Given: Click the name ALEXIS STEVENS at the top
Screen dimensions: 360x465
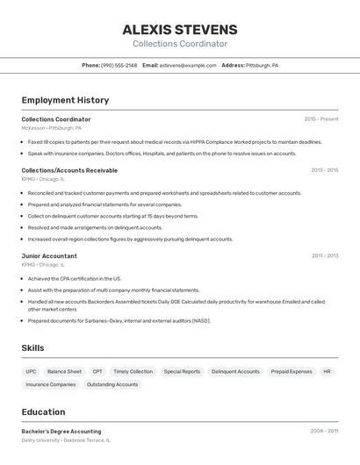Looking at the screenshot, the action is coord(180,30).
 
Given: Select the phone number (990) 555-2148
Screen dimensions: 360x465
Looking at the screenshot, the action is coord(119,65).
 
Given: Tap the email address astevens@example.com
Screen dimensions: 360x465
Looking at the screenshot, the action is coord(188,65).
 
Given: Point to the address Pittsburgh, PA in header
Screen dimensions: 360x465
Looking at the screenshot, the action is coord(262,65).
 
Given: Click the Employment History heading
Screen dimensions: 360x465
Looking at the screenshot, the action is coord(65,100).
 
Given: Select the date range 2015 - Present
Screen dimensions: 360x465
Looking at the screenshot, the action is coord(320,118).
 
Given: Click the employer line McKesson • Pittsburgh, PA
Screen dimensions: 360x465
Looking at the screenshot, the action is coord(52,128).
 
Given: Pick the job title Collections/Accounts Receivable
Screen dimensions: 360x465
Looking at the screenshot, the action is coord(69,170).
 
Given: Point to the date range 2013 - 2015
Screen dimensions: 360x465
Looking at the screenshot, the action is coord(324,170).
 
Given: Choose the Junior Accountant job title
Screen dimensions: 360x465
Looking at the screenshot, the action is coord(49,256).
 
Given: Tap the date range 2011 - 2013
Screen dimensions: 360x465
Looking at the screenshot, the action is coord(324,256).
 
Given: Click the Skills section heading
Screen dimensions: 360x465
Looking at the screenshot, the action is coord(32,348).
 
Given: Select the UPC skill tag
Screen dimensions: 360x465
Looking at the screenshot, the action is coord(31,371).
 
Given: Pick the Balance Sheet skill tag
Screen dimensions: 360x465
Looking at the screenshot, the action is coord(64,371).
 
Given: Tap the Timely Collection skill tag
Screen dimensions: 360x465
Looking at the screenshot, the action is coord(133,371).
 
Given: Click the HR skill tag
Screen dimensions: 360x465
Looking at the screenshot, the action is coord(327,371).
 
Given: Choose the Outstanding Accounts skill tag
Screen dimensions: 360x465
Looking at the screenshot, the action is coord(112,384).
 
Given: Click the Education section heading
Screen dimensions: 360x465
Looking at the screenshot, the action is coord(43,411).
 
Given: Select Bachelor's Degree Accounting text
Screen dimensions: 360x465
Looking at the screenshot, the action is coord(61,432).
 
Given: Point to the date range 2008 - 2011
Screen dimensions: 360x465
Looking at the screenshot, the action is coord(324,432).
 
